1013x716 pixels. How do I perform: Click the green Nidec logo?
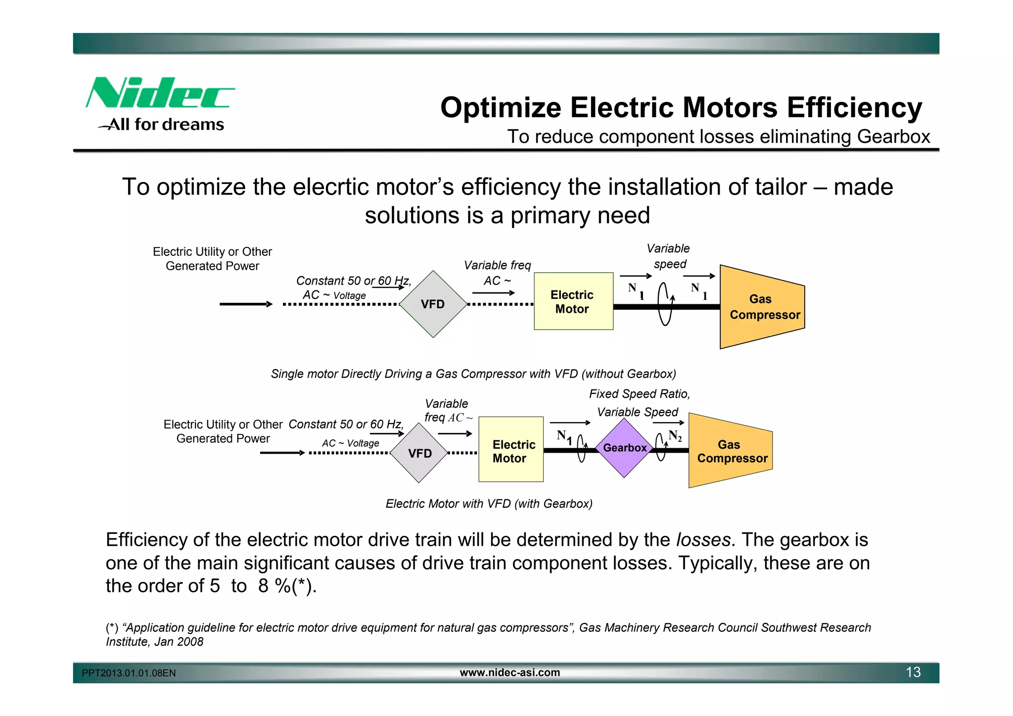159,93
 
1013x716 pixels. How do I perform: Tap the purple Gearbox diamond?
624,448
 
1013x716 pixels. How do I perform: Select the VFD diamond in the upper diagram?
433,304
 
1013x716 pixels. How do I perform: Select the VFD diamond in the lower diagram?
419,453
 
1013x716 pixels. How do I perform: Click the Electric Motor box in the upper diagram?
573,301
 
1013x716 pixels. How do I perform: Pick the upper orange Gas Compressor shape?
762,307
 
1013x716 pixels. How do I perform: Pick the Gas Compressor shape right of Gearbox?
731,451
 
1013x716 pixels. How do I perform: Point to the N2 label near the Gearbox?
675,435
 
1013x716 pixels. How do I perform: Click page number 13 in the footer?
913,672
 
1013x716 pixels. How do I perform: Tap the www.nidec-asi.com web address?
509,672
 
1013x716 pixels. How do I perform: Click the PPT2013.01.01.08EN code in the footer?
129,673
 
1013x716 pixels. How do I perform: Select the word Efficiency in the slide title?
854,107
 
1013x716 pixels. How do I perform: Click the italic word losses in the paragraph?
703,540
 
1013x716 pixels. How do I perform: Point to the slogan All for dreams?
166,124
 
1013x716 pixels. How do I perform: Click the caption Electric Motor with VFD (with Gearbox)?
489,504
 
